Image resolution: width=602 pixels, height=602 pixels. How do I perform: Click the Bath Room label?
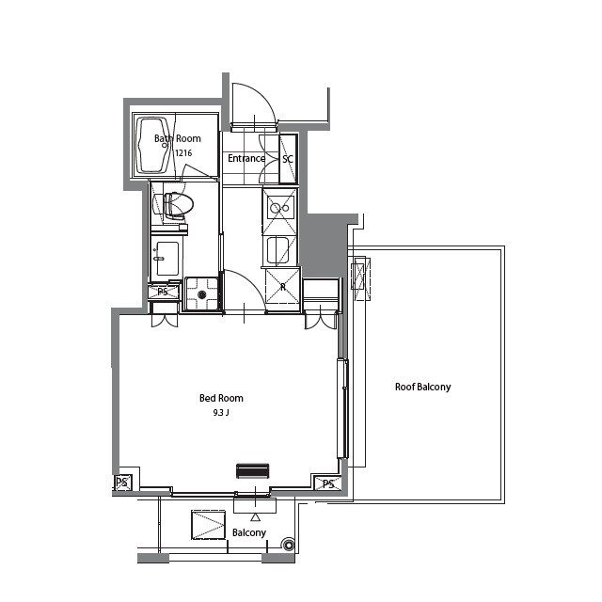click(178, 138)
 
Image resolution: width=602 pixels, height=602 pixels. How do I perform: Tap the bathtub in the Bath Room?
click(153, 145)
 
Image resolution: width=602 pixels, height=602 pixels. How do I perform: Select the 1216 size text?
click(183, 152)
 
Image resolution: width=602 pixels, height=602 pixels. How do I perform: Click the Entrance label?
click(246, 158)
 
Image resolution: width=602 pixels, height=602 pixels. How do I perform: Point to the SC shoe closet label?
click(288, 159)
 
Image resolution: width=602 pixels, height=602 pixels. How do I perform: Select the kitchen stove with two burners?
click(280, 208)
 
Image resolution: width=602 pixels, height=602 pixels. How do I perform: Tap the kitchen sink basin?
click(278, 250)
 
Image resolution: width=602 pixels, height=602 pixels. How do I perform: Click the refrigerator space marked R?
click(282, 286)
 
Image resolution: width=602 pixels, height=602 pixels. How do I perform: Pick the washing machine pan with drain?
click(202, 293)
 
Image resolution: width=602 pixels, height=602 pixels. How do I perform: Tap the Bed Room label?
click(221, 398)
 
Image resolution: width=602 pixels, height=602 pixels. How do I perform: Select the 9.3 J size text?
click(221, 413)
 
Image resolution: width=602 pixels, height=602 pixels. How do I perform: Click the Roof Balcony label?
click(422, 387)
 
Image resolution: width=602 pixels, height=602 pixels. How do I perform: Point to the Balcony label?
click(249, 532)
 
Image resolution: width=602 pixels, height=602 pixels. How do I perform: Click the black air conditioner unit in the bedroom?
click(253, 471)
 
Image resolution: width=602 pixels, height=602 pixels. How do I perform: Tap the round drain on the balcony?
click(288, 546)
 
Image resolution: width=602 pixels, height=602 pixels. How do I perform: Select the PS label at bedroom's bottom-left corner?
click(122, 483)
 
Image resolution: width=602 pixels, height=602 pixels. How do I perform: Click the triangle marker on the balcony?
click(255, 517)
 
